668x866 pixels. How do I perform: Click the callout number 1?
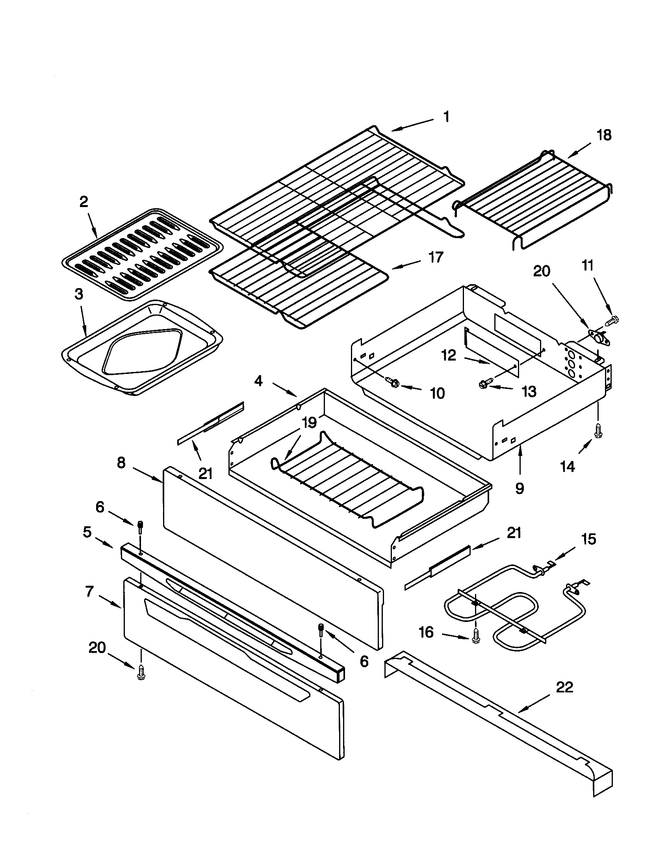tap(446, 117)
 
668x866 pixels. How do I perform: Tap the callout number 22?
tap(564, 687)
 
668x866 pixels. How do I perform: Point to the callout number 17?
tap(436, 257)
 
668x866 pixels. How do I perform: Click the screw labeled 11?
tap(613, 319)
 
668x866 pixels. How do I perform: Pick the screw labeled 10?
tap(393, 382)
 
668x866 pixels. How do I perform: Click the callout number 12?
tap(449, 355)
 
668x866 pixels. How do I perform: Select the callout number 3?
tap(79, 294)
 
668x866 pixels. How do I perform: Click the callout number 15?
tap(588, 539)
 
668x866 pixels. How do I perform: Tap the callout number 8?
tap(121, 463)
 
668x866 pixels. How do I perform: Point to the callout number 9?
tap(519, 489)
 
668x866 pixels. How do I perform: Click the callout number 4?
tap(258, 381)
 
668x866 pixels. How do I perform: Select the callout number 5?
tap(87, 532)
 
